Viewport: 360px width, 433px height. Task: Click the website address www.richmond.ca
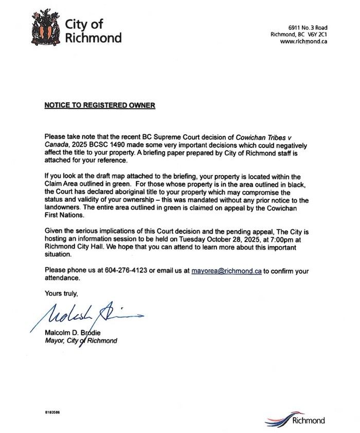pos(303,42)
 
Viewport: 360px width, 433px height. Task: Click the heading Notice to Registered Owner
pos(99,106)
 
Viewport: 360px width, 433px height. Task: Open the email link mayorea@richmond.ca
pos(227,270)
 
